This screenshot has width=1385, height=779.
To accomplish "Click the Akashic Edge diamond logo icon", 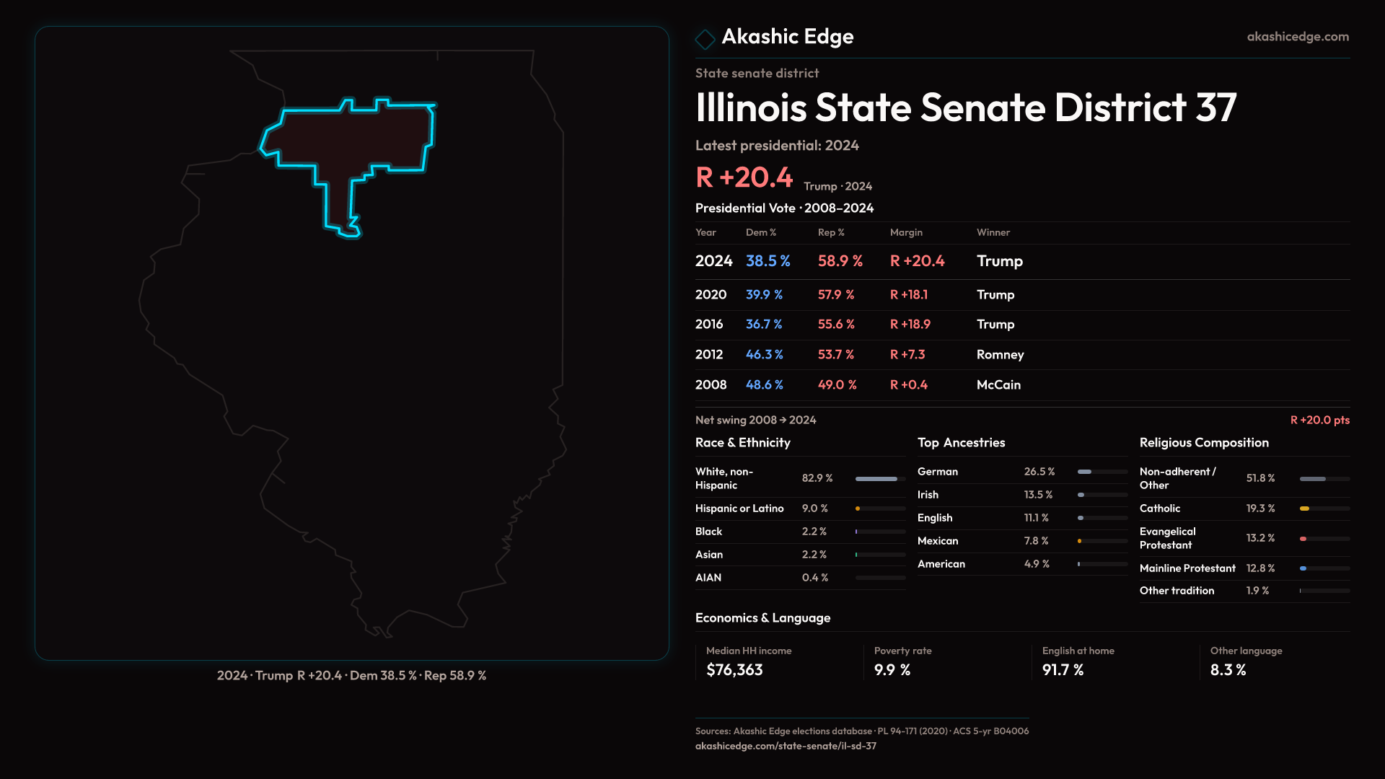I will pos(705,38).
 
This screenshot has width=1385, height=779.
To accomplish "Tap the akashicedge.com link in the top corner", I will pos(1298,37).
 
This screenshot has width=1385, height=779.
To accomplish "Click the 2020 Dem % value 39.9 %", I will pos(764,294).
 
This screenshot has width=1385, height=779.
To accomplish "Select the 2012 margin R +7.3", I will pos(907,354).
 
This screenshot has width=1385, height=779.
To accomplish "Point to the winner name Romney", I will pos(1000,354).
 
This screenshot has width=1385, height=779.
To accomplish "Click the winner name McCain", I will pos(998,384).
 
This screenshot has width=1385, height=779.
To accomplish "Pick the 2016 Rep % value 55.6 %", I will pos(836,325).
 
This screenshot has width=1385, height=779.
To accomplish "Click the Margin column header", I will pos(906,232).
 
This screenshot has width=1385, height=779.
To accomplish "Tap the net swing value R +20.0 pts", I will pos(1319,420).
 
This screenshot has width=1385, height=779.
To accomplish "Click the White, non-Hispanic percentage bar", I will pos(876,479).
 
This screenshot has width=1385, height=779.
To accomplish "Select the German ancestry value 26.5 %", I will pos(1039,472).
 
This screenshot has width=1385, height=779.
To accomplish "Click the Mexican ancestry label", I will pos(938,541).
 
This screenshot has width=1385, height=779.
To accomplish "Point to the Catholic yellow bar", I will pos(1304,509).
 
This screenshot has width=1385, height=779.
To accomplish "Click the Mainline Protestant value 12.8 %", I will pos(1260,568).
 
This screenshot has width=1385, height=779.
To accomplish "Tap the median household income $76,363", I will pos(734,670).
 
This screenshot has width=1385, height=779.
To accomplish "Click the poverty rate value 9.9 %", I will pos(892,670).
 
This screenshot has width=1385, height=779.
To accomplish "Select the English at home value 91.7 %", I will pos(1063,670).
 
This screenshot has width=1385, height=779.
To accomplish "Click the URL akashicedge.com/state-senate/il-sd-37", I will pos(786,746).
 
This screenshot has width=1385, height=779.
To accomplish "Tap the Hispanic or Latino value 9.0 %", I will pos(814,509).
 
